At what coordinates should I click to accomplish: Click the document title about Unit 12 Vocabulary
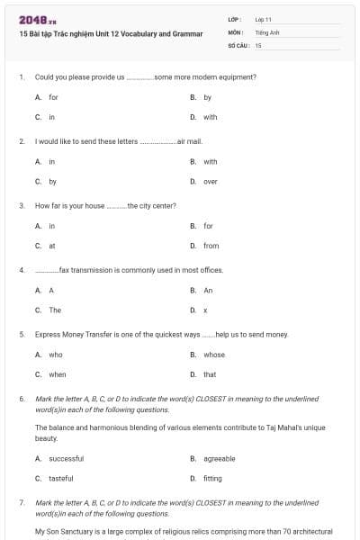pos(106,31)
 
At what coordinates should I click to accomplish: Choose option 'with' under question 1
pos(210,117)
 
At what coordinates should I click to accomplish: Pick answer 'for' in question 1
pos(53,97)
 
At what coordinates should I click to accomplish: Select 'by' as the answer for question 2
pos(53,182)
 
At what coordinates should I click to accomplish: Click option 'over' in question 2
pos(210,182)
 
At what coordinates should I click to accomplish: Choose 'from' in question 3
pos(211,246)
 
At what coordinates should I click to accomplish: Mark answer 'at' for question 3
pos(52,246)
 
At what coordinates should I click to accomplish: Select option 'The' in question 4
pos(55,310)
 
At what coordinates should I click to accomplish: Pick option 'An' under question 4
pos(208,291)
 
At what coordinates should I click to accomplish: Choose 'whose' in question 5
pos(214,355)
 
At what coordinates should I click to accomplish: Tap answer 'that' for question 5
pos(210,374)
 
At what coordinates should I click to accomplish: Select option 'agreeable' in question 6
pos(219,458)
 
